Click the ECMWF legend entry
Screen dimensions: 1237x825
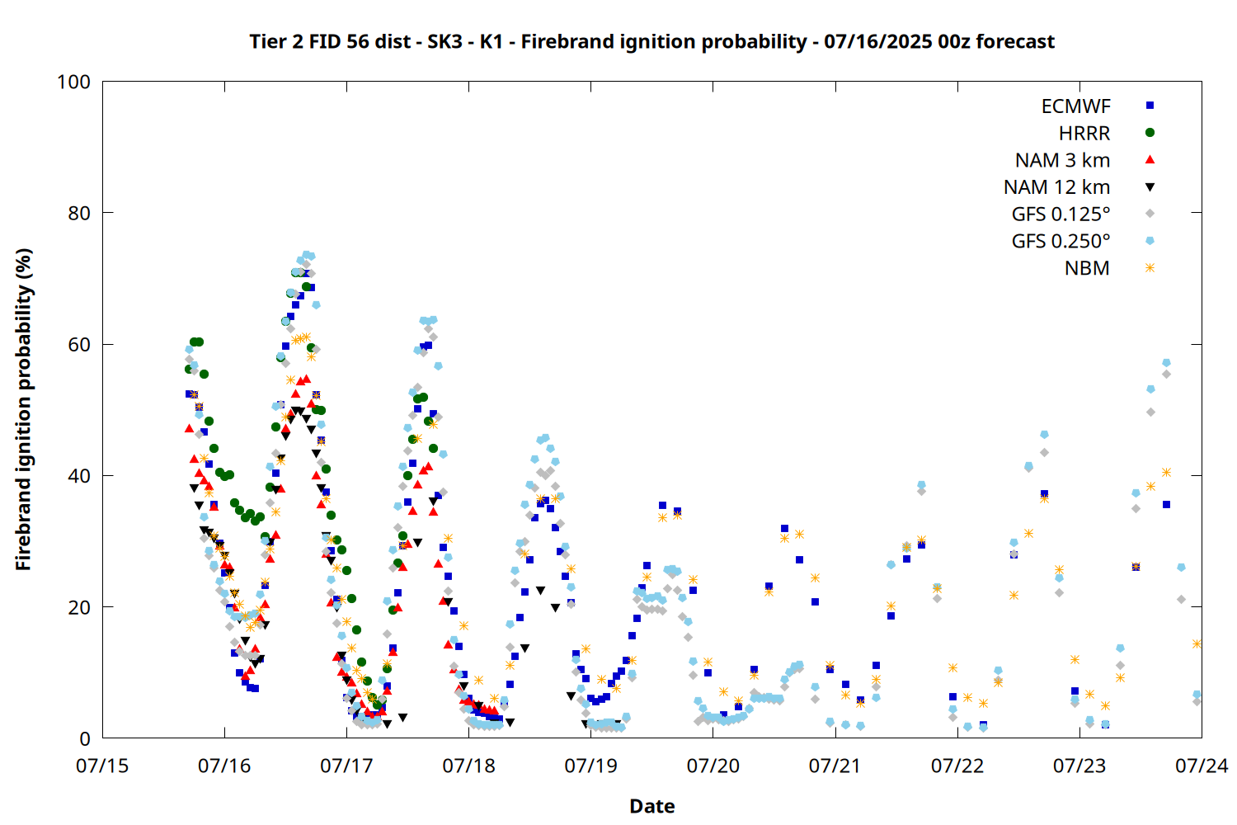click(1075, 106)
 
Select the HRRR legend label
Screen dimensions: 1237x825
click(1084, 133)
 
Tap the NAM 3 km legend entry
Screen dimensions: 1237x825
click(1062, 160)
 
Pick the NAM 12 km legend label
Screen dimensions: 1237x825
click(1056, 187)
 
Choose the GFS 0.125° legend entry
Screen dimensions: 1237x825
click(1061, 214)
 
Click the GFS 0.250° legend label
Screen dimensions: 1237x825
click(1061, 242)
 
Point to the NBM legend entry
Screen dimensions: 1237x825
click(1087, 269)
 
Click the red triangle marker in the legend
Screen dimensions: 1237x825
click(1150, 160)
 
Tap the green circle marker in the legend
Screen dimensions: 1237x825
click(1150, 133)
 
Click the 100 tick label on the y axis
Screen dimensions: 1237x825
click(73, 82)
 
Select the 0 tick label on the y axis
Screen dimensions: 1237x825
click(84, 738)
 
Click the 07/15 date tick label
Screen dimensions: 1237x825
click(102, 766)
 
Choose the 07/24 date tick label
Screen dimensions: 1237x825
click(1202, 766)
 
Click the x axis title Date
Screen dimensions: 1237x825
click(652, 806)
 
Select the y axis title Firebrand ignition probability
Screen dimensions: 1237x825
click(23, 409)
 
